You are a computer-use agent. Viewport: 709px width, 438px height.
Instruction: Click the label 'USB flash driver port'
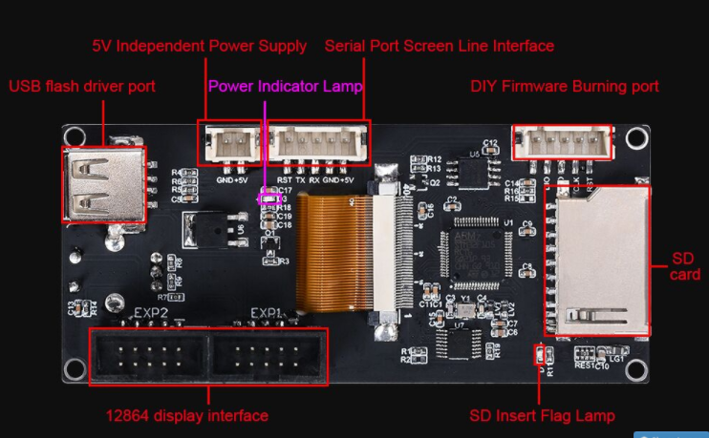click(x=82, y=87)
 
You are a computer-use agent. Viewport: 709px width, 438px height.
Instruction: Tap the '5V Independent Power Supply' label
click(x=199, y=46)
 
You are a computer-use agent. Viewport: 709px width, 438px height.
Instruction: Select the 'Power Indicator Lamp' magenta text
click(x=285, y=87)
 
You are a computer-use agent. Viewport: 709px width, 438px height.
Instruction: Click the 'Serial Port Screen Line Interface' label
click(x=439, y=46)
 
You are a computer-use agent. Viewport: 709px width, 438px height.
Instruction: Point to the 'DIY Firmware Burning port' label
click(x=564, y=87)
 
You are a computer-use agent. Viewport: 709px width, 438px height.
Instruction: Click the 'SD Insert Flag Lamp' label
click(x=542, y=416)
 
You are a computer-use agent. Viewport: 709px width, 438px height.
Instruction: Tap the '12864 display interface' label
click(x=186, y=416)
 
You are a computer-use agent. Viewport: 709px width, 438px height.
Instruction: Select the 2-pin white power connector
click(x=229, y=144)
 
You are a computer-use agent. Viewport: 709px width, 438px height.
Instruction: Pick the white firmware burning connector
click(x=563, y=143)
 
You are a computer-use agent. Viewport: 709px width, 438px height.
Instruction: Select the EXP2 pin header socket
click(x=149, y=358)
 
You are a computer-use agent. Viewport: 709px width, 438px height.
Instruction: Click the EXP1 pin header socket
click(x=269, y=358)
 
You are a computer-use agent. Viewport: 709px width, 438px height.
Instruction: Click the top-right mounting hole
click(x=633, y=139)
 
